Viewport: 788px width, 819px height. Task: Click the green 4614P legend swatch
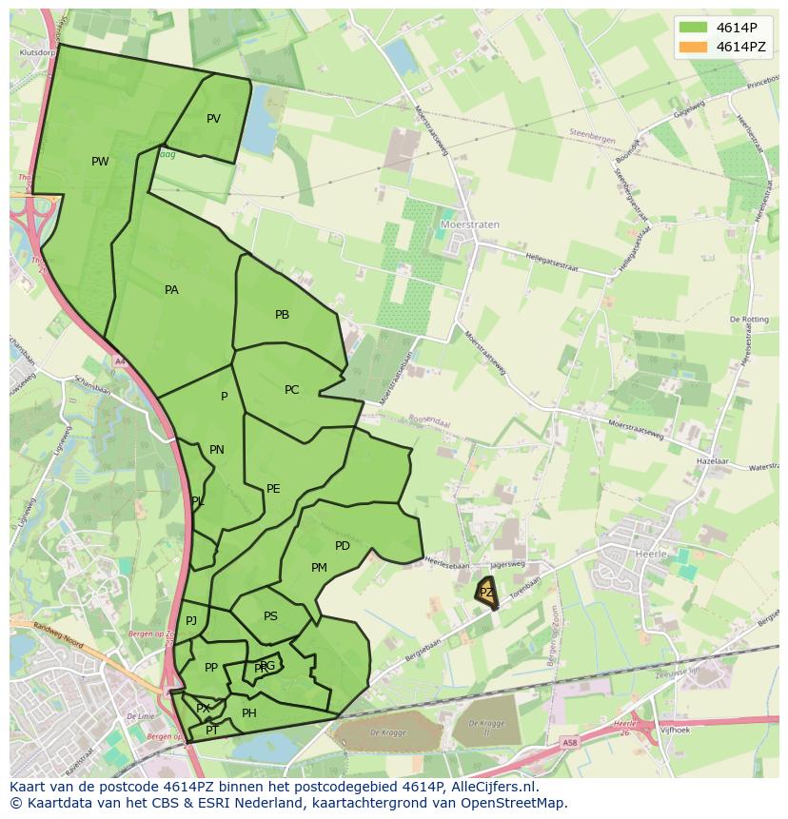pos(694,27)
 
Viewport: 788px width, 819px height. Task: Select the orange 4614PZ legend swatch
pos(694,47)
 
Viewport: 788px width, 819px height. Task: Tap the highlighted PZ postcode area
pos(486,593)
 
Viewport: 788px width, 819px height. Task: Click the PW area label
pos(100,162)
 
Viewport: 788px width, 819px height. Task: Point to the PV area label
pos(213,119)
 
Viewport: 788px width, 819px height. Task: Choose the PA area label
pos(171,290)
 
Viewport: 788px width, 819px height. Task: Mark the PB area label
pos(282,315)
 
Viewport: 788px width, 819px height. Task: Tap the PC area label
pos(291,390)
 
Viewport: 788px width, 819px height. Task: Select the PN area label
pos(217,450)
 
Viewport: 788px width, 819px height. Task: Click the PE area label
pos(273,489)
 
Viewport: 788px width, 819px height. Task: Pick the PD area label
pos(343,546)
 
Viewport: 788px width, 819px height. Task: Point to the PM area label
pos(319,568)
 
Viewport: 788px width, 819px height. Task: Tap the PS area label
pos(270,616)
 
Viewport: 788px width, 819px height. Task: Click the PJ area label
pos(191,621)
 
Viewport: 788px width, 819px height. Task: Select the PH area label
pos(249,713)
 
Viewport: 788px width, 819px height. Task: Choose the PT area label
pos(212,731)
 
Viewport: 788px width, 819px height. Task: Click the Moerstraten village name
pos(470,225)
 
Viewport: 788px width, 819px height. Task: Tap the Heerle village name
pos(651,553)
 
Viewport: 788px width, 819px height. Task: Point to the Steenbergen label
pos(592,136)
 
